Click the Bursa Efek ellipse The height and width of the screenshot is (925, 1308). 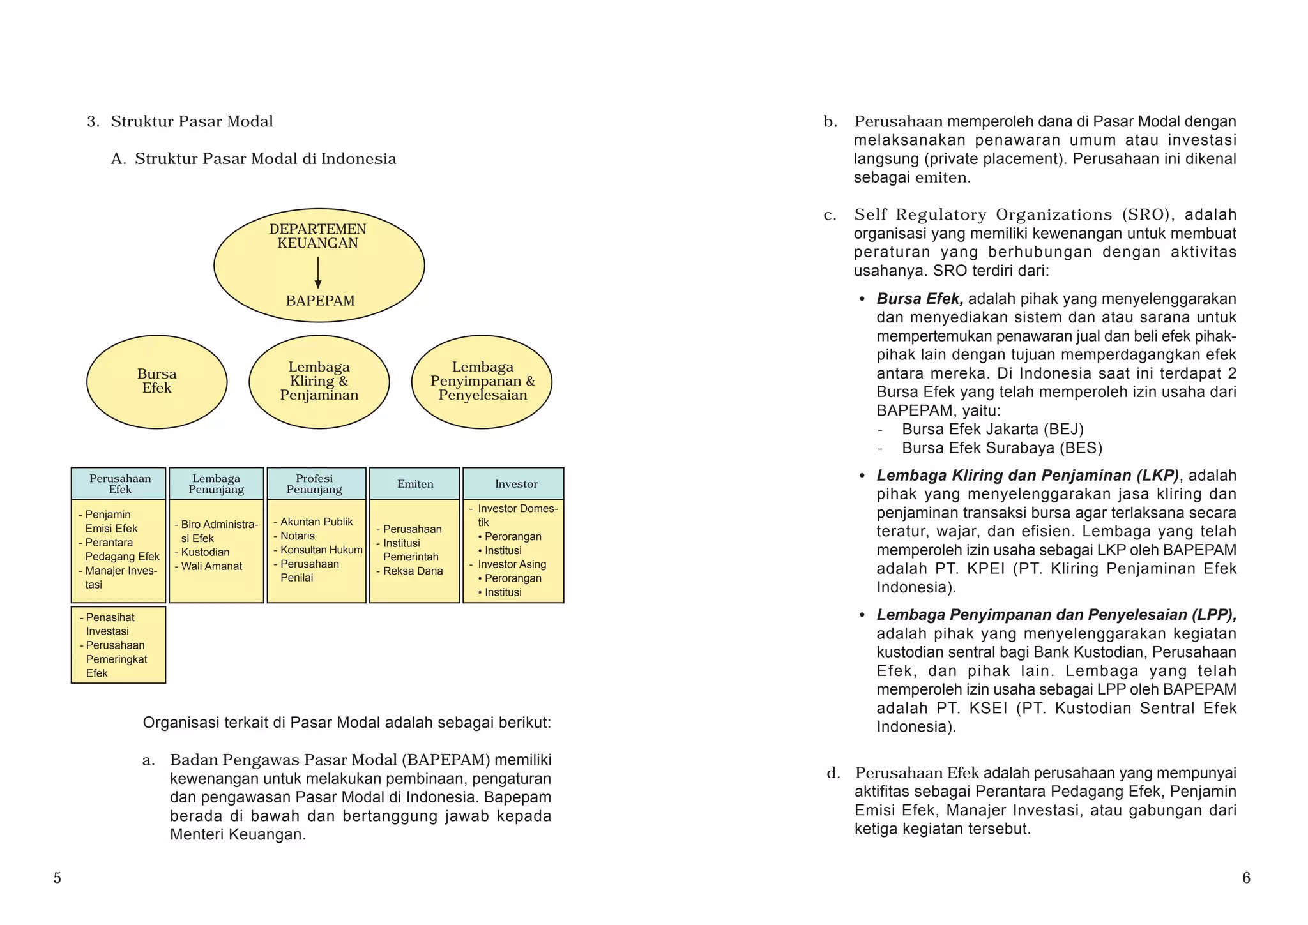[x=156, y=382]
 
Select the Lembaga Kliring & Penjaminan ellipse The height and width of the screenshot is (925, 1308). [x=319, y=382]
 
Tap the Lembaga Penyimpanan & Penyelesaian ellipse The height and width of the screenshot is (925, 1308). [x=482, y=382]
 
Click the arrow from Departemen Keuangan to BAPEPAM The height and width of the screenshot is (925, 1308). [x=318, y=273]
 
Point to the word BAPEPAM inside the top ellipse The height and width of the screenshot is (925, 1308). [x=320, y=301]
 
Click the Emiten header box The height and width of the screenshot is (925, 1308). [x=414, y=484]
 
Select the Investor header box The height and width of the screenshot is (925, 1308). [x=513, y=484]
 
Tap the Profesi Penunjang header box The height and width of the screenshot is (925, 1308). [x=316, y=484]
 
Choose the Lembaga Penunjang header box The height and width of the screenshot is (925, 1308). [x=216, y=484]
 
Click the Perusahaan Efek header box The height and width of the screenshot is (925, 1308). [x=119, y=484]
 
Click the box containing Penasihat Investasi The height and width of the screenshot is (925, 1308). [x=119, y=645]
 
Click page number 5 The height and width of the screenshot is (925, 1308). [x=57, y=878]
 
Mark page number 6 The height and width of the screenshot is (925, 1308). [x=1246, y=878]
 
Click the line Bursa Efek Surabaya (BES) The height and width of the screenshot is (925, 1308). [x=1001, y=448]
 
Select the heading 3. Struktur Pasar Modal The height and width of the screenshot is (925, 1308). [x=181, y=122]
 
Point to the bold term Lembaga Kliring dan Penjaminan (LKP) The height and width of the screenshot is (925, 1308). [x=1027, y=476]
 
